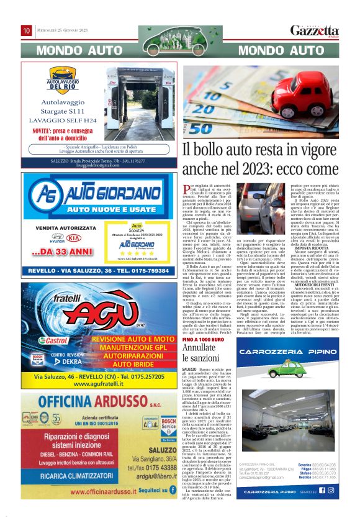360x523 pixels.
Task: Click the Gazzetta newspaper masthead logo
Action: (x=315, y=30)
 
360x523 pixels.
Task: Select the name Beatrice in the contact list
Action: (x=304, y=476)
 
